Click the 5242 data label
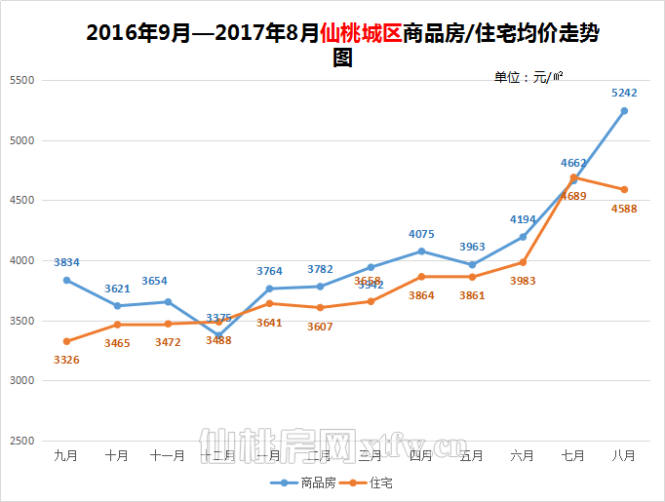click(624, 94)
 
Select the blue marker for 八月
click(624, 111)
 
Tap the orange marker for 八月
click(624, 189)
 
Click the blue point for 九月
click(66, 280)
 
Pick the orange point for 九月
click(66, 341)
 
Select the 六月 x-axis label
click(523, 455)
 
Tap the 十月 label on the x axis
click(117, 455)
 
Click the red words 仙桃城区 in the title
click(360, 33)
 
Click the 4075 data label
click(421, 234)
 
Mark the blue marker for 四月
click(421, 251)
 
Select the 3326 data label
click(66, 360)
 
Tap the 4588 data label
click(624, 208)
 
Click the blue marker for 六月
click(523, 237)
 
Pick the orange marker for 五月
click(472, 277)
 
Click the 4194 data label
click(523, 219)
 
